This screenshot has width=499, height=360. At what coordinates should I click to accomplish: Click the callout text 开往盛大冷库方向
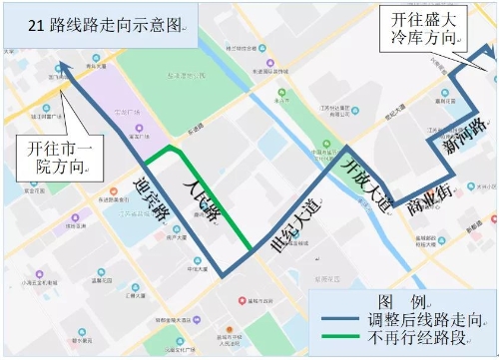[425, 27]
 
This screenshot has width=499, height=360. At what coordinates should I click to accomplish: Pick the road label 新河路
[464, 138]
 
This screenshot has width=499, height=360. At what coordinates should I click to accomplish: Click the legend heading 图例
[402, 301]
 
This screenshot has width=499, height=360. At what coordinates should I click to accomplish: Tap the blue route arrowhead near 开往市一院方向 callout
[61, 67]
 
